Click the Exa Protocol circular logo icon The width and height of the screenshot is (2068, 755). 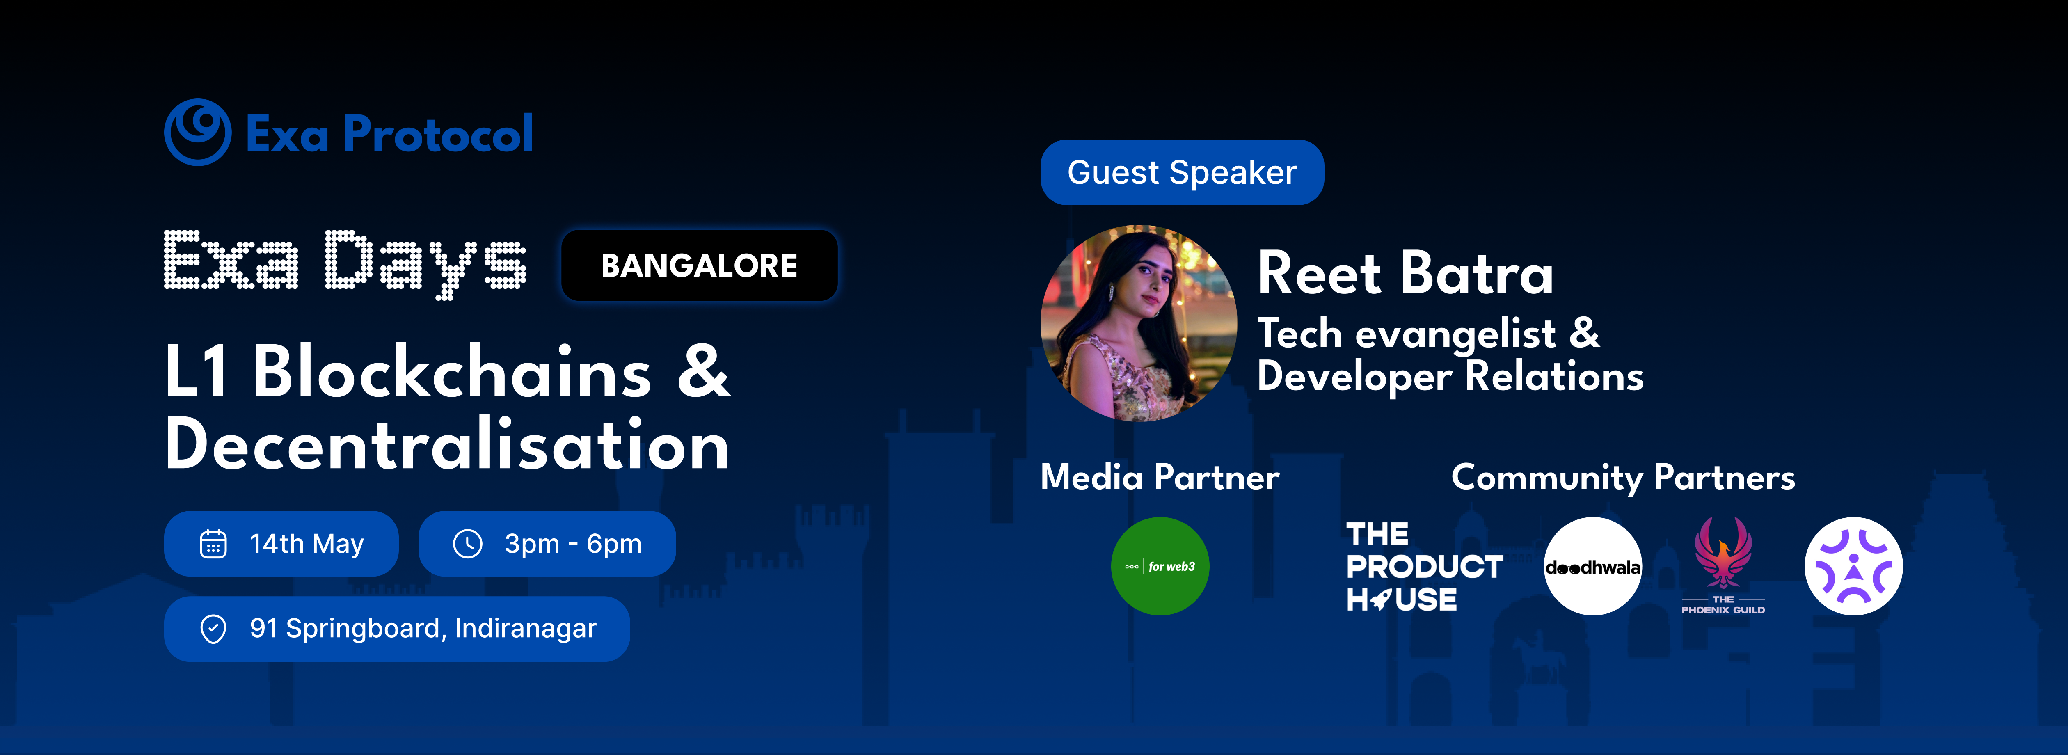197,133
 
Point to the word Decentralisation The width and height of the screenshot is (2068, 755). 447,444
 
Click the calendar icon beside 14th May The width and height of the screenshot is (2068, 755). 213,544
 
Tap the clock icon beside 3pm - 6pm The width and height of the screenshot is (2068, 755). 467,544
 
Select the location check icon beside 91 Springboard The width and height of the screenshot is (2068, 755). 213,629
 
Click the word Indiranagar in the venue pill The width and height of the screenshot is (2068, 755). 526,628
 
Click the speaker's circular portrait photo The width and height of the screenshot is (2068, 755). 1138,323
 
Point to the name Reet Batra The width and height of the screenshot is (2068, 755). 1405,273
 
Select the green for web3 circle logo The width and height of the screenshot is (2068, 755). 1160,566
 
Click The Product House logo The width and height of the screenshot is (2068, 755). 1424,566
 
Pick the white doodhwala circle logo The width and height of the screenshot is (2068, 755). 1593,566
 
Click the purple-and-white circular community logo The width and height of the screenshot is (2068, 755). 1854,566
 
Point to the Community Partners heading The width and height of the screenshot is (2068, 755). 1623,477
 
